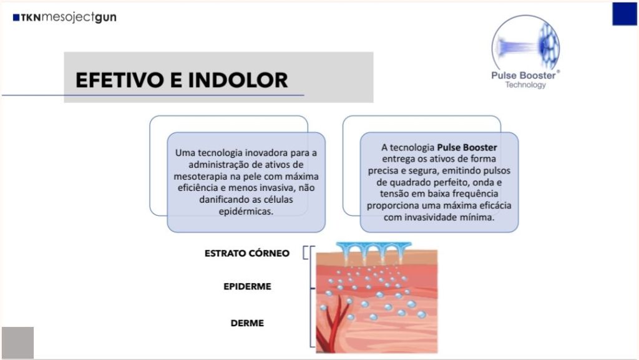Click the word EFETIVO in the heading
coord(120,80)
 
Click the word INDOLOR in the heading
coord(238,80)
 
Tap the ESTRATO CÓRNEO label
coord(247,253)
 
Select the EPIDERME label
coord(247,286)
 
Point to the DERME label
coord(247,323)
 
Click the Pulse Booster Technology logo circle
coord(525,45)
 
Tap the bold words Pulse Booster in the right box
coord(467,147)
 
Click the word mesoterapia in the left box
coord(200,177)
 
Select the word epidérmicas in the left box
coord(246,212)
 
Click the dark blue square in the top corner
coord(624,14)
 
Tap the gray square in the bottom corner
coord(17,343)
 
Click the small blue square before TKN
coord(16,17)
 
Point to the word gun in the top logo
coord(105,17)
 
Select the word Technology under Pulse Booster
coord(525,85)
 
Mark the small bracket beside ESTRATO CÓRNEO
coord(305,253)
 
